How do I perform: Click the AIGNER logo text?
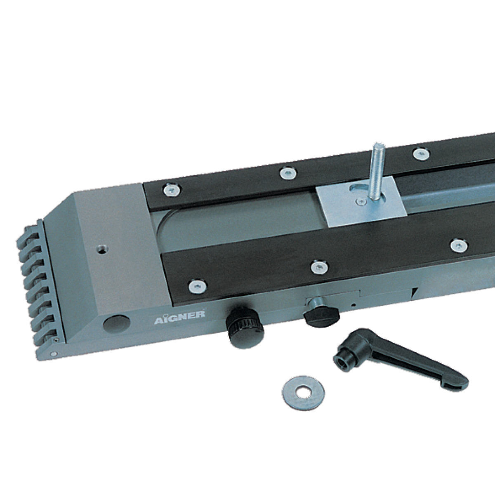[179, 317]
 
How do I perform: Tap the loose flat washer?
[303, 393]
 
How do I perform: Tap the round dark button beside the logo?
[116, 325]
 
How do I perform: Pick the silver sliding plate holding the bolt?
[361, 201]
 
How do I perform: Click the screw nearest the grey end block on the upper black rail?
[172, 190]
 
